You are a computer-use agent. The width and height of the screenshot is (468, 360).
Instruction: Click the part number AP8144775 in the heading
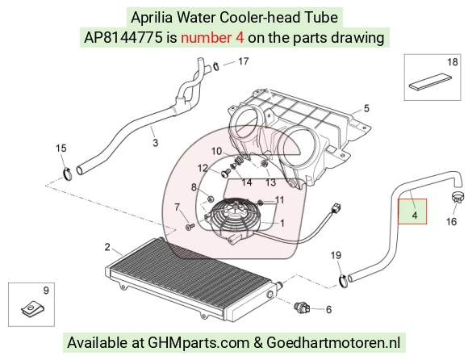[123, 38]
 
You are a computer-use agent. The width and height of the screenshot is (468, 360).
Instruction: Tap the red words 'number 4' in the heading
[212, 38]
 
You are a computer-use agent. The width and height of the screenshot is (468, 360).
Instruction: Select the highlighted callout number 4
[414, 215]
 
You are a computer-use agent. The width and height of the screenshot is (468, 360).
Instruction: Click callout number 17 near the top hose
[243, 61]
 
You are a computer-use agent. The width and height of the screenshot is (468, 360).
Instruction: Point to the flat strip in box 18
[430, 81]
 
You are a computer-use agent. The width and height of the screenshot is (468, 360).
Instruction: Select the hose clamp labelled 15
[68, 174]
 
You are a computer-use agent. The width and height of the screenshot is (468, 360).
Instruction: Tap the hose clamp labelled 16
[458, 197]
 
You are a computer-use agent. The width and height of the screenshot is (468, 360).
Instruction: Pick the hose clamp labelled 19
[344, 281]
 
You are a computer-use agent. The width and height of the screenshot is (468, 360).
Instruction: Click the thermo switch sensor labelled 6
[302, 308]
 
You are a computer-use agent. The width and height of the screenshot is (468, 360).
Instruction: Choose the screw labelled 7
[190, 228]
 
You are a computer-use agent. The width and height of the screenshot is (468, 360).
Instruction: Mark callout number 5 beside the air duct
[366, 108]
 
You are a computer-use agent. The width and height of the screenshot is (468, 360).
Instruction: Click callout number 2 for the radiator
[107, 247]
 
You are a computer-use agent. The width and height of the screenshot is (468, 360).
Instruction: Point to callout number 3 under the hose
[155, 142]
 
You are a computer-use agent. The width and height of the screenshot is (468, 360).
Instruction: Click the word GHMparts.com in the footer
[198, 342]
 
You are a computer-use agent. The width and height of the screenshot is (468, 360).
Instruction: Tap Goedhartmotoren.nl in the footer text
[333, 342]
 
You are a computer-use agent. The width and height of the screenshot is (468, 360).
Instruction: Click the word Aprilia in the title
[152, 18]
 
